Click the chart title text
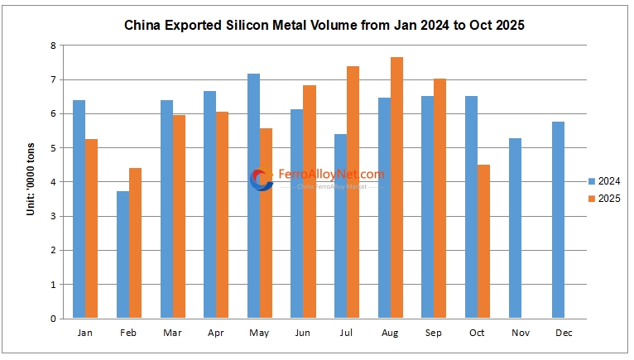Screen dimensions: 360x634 (x=324, y=26)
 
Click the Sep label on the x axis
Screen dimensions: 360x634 (x=434, y=333)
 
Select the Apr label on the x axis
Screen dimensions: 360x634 (x=215, y=333)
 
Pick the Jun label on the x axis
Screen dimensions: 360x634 (x=303, y=333)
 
